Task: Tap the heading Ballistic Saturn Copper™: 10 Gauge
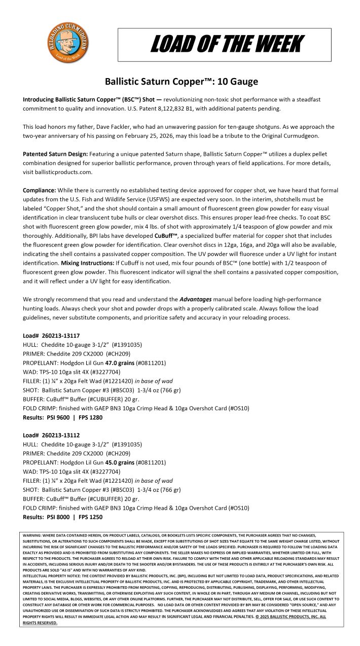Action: coord(181,81)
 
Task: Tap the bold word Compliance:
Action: coord(40,190)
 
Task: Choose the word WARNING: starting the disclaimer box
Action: coord(33,535)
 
